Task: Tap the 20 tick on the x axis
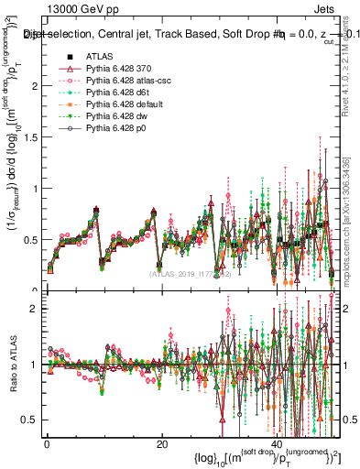coord(162,443)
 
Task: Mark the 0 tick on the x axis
coord(47,443)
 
